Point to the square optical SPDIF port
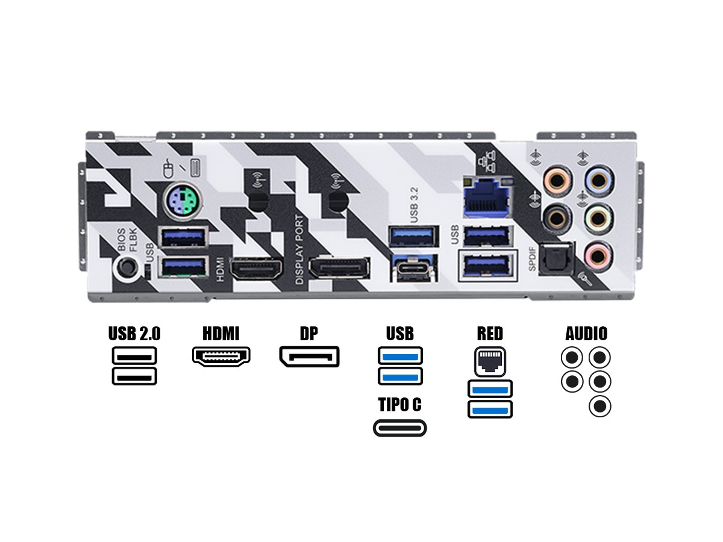[x=554, y=257]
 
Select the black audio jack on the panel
[x=555, y=215]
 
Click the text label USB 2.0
[x=134, y=333]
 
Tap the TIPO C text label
[x=399, y=405]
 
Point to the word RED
[x=489, y=333]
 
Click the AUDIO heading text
[x=586, y=333]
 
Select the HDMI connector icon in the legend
[x=221, y=357]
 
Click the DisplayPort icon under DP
[x=309, y=357]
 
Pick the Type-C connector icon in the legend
[x=399, y=428]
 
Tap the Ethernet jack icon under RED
[x=490, y=361]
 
